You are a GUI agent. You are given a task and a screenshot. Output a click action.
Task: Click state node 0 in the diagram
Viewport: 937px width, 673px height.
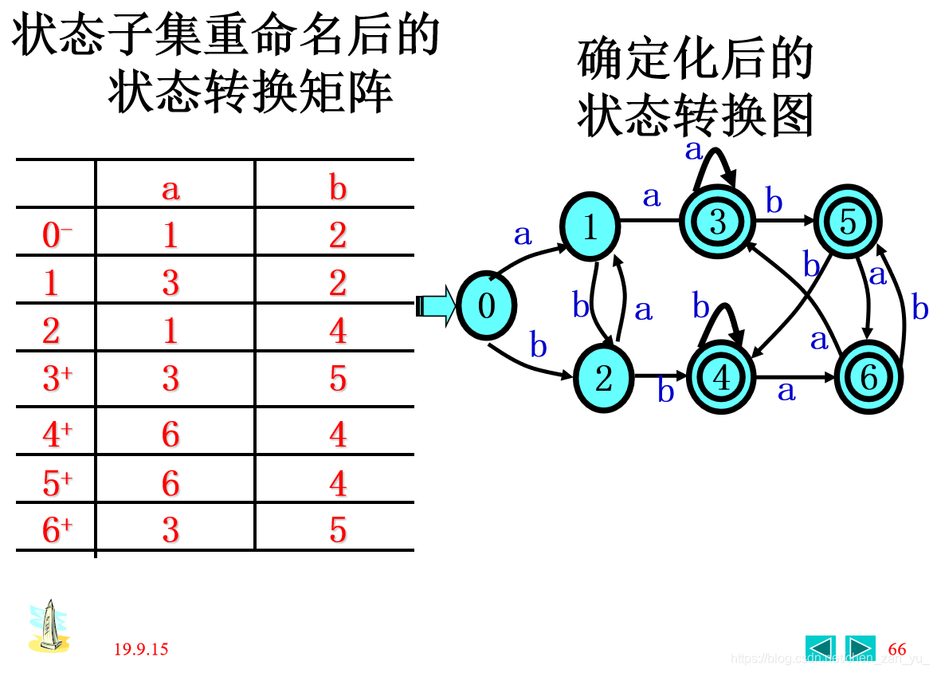(486, 305)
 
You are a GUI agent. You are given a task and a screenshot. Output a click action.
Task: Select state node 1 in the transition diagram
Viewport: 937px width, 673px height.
(590, 226)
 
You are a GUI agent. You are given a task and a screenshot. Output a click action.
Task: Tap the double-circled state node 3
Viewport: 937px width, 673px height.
(717, 222)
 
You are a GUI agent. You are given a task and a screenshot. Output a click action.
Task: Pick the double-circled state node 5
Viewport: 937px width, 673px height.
(848, 222)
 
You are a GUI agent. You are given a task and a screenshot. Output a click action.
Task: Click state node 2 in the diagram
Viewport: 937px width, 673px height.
(603, 378)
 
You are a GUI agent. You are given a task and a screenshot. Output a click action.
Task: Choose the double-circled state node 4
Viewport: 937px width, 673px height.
(721, 378)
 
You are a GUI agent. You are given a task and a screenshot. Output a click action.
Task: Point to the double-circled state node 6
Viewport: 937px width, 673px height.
(868, 378)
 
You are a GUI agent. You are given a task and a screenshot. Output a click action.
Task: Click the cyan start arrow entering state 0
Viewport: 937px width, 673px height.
(435, 305)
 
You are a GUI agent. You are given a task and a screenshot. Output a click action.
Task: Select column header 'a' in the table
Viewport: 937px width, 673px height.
(171, 188)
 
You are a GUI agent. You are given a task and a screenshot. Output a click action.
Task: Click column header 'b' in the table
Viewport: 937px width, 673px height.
(338, 188)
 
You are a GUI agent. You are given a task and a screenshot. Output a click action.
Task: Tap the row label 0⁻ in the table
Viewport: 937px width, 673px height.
(57, 235)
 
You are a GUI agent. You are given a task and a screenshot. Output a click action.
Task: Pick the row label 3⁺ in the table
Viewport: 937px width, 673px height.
(57, 379)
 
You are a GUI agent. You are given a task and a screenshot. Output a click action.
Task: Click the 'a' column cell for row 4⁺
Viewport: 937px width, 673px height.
(171, 435)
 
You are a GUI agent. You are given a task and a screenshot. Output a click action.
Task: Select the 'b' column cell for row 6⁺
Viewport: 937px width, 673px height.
(338, 530)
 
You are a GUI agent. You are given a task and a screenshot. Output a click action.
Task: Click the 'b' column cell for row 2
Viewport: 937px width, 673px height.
(338, 331)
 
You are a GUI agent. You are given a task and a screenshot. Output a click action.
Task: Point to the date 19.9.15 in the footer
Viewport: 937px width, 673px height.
(141, 649)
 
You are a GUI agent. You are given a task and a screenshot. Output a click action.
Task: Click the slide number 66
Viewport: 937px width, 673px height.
(897, 649)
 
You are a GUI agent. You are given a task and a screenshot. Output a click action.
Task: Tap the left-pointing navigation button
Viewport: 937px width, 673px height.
(820, 647)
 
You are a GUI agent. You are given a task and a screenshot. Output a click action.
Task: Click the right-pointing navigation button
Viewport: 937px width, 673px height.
(860, 647)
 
